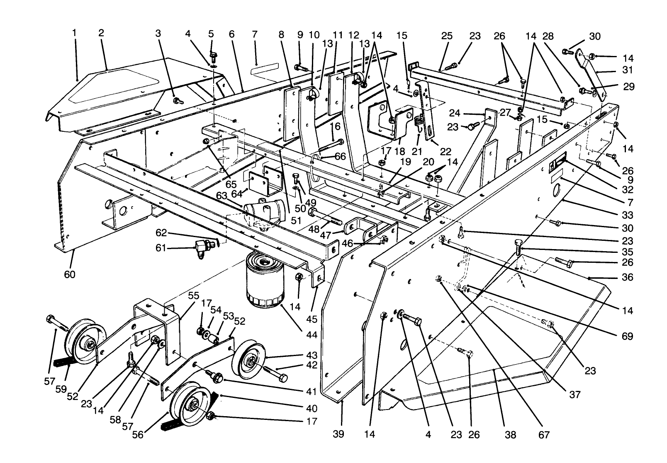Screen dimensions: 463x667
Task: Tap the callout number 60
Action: [x=70, y=274]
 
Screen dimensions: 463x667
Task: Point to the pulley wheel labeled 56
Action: [x=189, y=407]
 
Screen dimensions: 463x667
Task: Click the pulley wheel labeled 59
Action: [x=85, y=342]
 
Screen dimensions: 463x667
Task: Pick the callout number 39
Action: [x=338, y=434]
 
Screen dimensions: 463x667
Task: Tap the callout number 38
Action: [x=511, y=435]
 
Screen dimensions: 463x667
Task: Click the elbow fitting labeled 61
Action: [x=201, y=249]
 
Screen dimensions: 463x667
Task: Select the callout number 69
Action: [x=628, y=335]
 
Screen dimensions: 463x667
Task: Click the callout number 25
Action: [x=446, y=36]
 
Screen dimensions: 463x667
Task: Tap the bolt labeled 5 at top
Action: [x=214, y=56]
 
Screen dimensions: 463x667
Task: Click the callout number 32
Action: [x=628, y=190]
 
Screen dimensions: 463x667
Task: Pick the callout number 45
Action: [x=312, y=320]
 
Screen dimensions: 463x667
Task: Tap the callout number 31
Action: [x=628, y=71]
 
